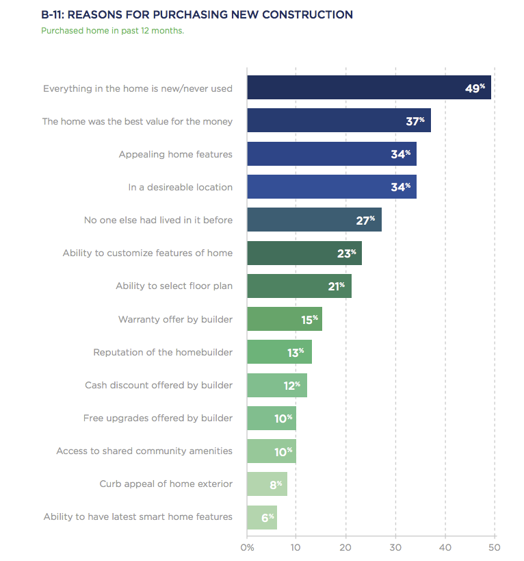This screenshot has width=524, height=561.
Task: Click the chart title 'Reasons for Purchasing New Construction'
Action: [197, 14]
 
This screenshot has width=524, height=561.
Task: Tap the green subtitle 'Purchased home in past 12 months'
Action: [112, 31]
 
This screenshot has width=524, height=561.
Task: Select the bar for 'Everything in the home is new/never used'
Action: [369, 88]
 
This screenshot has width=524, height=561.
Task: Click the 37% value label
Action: [415, 121]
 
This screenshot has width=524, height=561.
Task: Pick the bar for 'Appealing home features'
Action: [332, 154]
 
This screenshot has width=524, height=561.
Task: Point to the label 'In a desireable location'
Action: [180, 187]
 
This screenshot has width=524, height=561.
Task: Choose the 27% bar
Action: [314, 220]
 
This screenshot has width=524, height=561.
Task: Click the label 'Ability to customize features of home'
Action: [147, 253]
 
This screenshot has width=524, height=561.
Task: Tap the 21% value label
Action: [337, 286]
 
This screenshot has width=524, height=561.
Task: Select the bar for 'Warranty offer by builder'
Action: [284, 319]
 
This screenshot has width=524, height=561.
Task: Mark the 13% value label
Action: [296, 352]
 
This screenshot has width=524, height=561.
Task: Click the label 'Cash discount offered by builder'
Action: [159, 385]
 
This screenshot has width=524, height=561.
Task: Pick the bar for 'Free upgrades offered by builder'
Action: [271, 418]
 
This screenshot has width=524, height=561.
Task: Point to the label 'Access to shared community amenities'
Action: [144, 451]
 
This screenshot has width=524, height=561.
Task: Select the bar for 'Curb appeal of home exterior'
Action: [267, 484]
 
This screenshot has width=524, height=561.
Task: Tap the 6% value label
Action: [267, 517]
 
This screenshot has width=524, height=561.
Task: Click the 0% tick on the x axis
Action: [247, 547]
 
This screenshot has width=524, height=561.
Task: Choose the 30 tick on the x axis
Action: [395, 547]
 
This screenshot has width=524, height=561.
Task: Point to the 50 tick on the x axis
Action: [494, 547]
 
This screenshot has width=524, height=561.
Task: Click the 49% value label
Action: [475, 88]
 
